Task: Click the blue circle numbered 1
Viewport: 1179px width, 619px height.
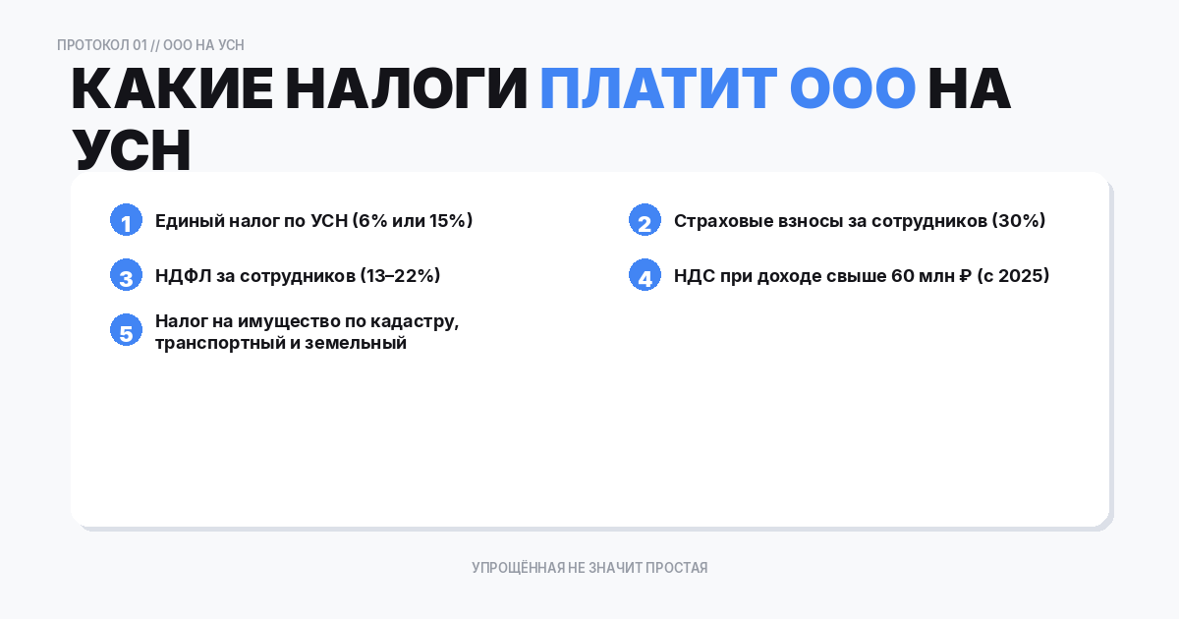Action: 126,220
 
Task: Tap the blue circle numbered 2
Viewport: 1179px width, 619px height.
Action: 645,220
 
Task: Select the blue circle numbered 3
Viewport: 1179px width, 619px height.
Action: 126,275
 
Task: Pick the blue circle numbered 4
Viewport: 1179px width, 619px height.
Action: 645,275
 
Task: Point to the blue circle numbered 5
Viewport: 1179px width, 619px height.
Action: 126,331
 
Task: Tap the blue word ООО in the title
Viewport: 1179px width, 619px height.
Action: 852,89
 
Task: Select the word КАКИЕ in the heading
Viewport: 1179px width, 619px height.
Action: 172,89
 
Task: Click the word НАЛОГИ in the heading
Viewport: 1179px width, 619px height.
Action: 407,89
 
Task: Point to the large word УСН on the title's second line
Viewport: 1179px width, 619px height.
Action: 131,150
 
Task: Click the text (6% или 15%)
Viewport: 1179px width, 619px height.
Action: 413,220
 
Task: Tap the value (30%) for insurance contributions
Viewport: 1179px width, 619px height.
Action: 1019,220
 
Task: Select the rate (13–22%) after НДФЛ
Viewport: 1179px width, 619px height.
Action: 400,275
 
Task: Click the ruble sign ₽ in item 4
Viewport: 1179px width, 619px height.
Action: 965,275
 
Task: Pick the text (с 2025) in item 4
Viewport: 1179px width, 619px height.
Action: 1014,275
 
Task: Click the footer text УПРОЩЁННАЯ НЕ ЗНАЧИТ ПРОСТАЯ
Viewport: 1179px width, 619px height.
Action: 589,568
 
